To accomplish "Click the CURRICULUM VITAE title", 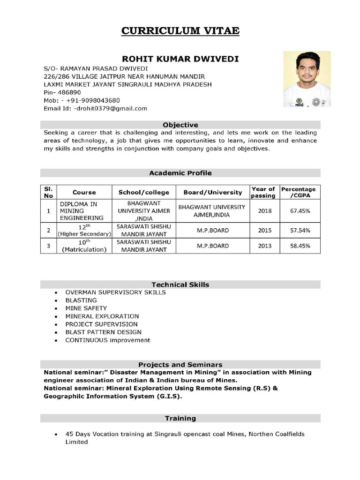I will (x=180, y=31).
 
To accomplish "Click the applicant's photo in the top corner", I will (x=307, y=79).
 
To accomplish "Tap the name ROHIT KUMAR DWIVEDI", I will (x=180, y=59).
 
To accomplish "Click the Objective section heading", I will (x=180, y=125).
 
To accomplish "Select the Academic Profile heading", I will (x=180, y=173).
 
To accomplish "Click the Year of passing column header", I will (x=263, y=192).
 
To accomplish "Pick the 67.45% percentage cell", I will (x=300, y=211).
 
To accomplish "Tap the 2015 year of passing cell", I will (x=265, y=230).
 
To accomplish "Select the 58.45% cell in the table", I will (x=300, y=246).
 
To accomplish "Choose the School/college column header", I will (x=143, y=192).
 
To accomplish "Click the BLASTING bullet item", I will (x=81, y=300).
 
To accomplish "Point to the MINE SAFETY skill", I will (x=86, y=308).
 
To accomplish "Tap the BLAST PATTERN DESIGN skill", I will (x=103, y=332).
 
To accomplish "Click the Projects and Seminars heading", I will (x=180, y=364).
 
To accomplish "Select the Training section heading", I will (x=180, y=418).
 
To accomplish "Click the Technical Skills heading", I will (x=180, y=285).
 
